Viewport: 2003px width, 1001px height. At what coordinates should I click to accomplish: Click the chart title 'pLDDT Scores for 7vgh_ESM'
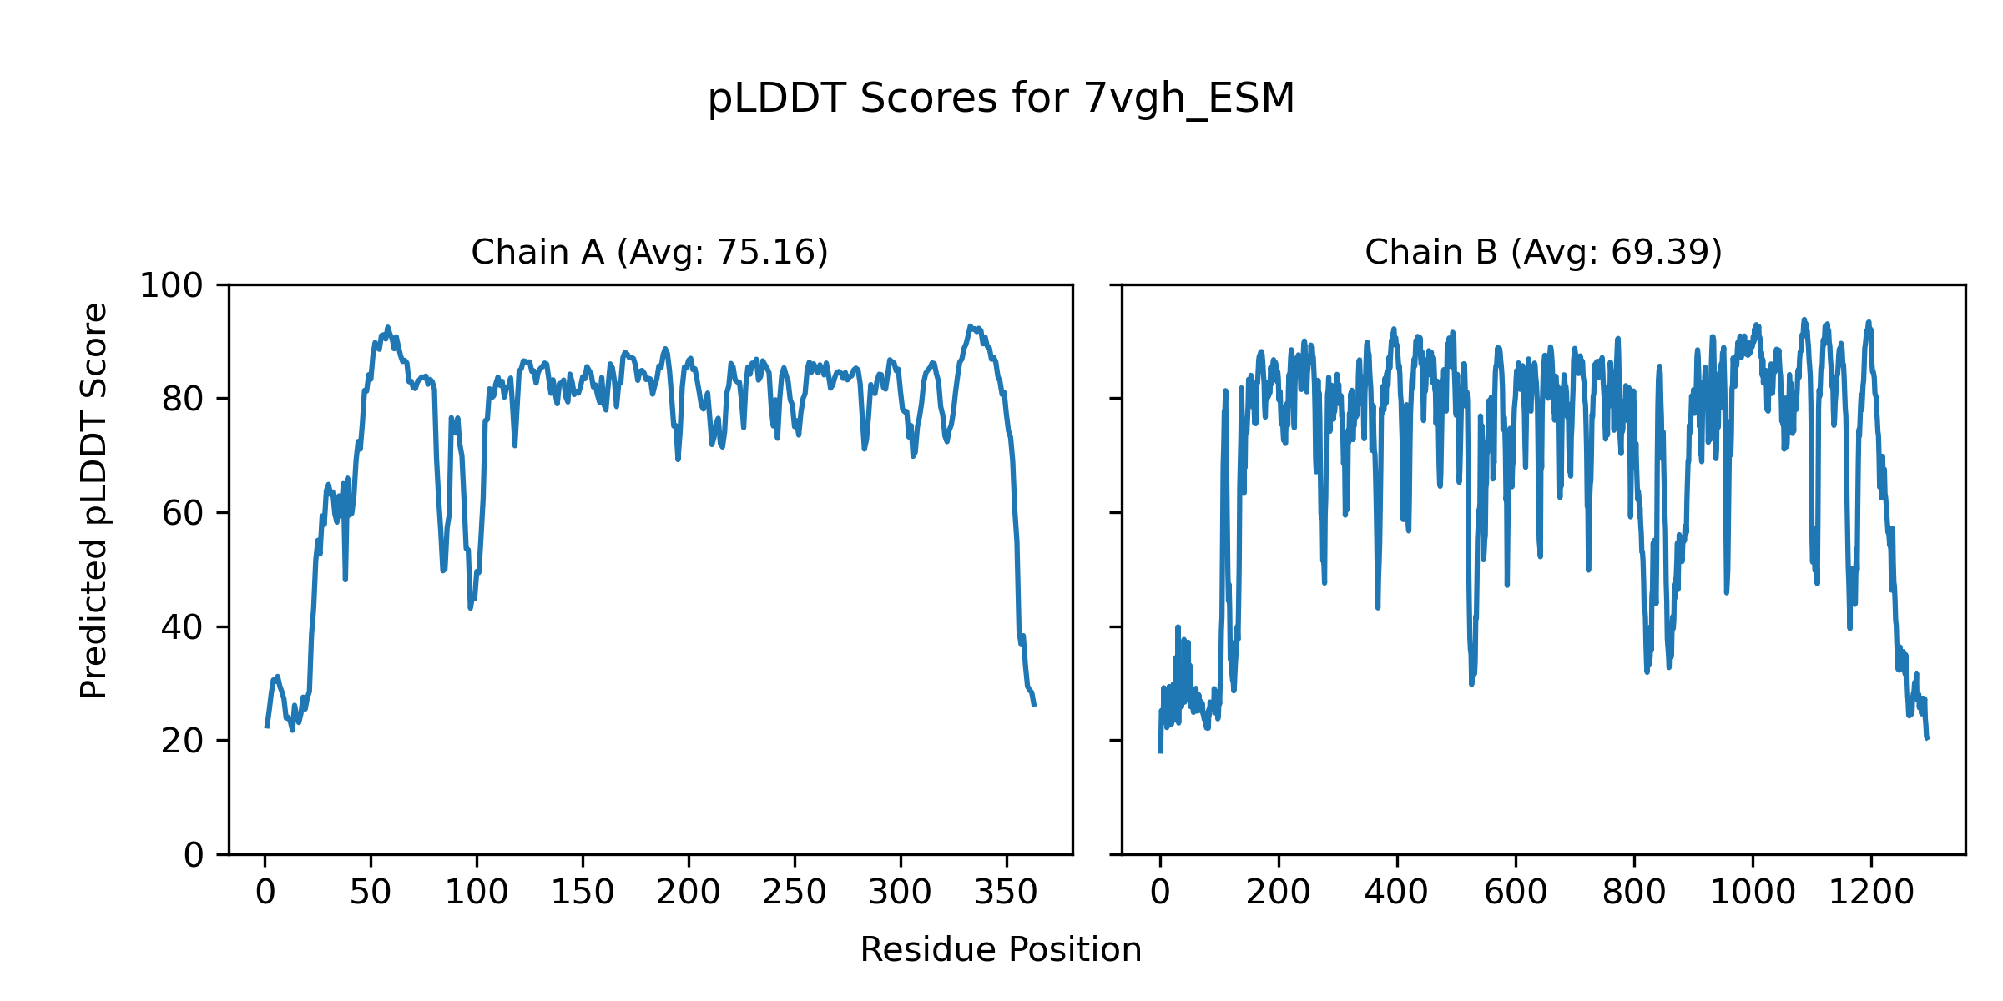pyautogui.click(x=1001, y=98)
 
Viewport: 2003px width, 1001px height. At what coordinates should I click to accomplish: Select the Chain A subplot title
pyautogui.click(x=649, y=252)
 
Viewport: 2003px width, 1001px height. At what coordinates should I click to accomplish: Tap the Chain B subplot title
pyautogui.click(x=1543, y=252)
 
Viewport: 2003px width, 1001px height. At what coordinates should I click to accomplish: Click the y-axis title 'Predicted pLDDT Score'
pyautogui.click(x=93, y=500)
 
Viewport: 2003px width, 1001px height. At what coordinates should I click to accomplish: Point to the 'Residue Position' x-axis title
pyautogui.click(x=1001, y=949)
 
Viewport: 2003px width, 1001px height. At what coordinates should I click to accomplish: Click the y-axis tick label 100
pyautogui.click(x=171, y=286)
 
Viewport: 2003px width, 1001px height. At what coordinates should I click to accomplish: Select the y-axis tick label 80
pyautogui.click(x=183, y=400)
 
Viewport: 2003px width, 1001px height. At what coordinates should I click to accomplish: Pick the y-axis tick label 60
pyautogui.click(x=183, y=513)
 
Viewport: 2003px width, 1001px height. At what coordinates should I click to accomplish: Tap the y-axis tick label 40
pyautogui.click(x=183, y=627)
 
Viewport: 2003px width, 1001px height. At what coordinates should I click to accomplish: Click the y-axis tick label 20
pyautogui.click(x=183, y=741)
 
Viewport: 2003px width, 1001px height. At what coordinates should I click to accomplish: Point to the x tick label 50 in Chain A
pyautogui.click(x=371, y=893)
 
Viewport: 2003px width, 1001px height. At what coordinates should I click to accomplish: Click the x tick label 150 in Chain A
pyautogui.click(x=583, y=893)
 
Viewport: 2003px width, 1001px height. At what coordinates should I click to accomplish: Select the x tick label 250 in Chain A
pyautogui.click(x=795, y=893)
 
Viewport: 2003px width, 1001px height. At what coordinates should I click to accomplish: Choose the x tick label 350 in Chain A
pyautogui.click(x=1007, y=893)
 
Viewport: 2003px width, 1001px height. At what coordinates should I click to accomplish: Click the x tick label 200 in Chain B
pyautogui.click(x=1278, y=893)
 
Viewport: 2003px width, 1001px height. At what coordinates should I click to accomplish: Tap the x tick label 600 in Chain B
pyautogui.click(x=1516, y=893)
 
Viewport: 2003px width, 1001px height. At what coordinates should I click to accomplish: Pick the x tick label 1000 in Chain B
pyautogui.click(x=1753, y=893)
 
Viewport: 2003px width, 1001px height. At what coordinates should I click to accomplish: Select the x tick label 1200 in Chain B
pyautogui.click(x=1871, y=893)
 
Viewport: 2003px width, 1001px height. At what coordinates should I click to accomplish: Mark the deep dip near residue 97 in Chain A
pyautogui.click(x=471, y=606)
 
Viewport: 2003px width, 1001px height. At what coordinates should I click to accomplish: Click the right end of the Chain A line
pyautogui.click(x=1034, y=705)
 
